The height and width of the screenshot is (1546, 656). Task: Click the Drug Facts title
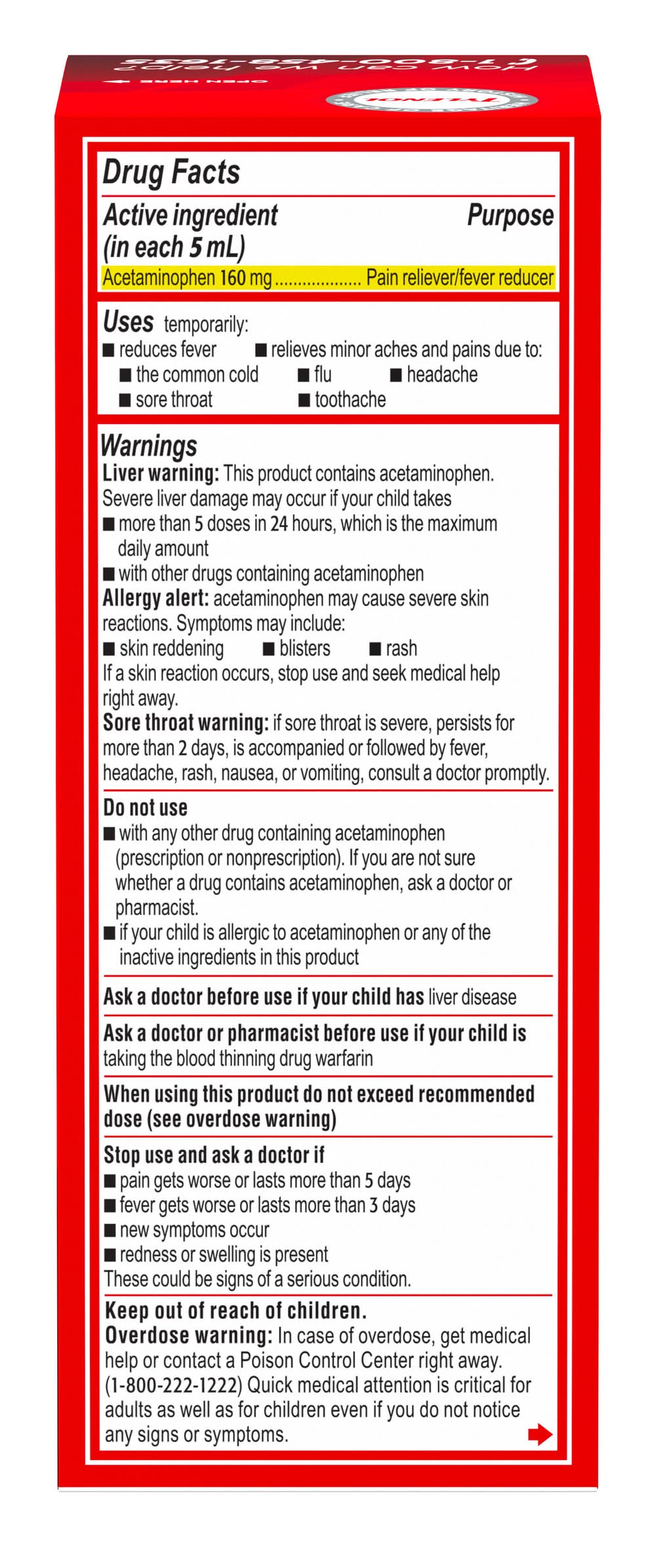tap(171, 173)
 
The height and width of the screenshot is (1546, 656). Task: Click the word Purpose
tap(510, 216)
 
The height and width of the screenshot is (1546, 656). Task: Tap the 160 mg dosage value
tap(245, 278)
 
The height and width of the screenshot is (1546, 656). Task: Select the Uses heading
tap(128, 322)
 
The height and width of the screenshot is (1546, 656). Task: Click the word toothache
tap(350, 399)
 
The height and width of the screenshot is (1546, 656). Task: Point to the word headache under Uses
tap(441, 374)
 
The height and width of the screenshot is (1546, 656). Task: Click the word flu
tap(323, 374)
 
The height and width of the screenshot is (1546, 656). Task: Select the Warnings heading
tap(149, 446)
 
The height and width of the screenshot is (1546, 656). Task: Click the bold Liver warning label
tap(161, 473)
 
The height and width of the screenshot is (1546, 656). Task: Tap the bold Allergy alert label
tap(155, 598)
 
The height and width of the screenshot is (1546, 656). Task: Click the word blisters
tap(304, 648)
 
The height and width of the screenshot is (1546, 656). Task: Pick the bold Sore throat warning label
tap(186, 723)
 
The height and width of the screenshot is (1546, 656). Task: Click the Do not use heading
tap(145, 807)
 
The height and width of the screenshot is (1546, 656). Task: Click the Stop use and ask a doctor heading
tap(214, 1155)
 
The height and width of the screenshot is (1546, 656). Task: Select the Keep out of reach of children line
tap(236, 1310)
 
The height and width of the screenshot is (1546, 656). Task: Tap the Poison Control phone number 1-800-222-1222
tap(173, 1385)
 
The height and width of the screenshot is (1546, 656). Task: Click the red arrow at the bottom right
tap(540, 1434)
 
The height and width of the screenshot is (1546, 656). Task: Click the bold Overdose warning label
tap(188, 1335)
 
